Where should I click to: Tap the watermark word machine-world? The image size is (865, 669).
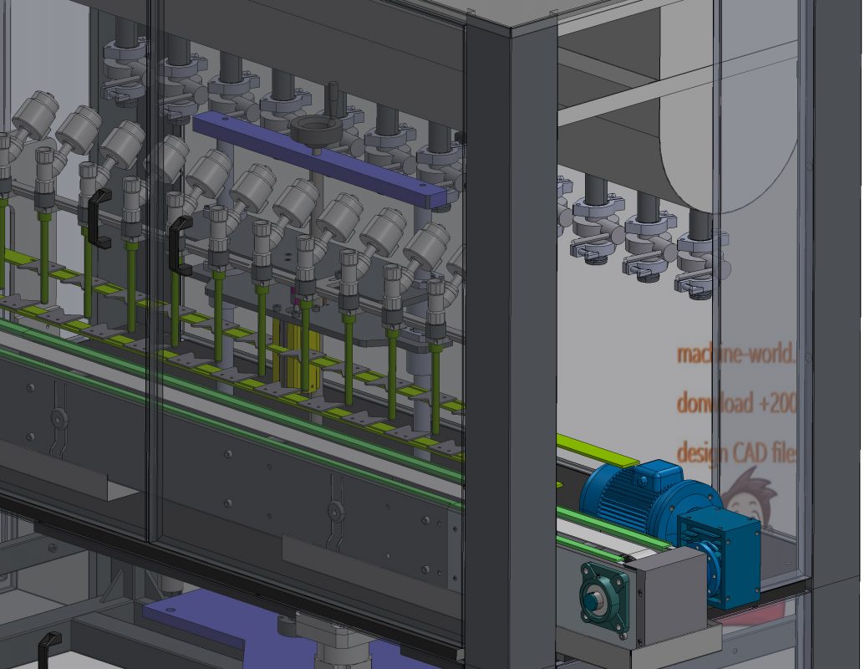tap(735, 354)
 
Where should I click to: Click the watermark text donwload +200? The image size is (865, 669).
tap(735, 403)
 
